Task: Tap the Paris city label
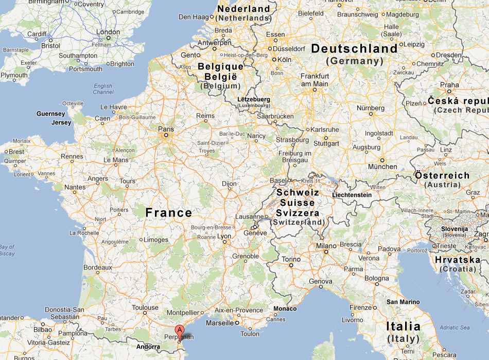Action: (166, 129)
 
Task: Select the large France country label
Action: (168, 212)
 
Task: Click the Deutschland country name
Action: (354, 49)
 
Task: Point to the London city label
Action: (108, 32)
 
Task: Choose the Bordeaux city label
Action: (98, 267)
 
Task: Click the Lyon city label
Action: (224, 236)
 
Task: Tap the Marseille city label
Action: (220, 323)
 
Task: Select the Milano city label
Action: (326, 246)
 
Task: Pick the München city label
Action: (383, 167)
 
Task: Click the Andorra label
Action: (148, 347)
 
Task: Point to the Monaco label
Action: (285, 309)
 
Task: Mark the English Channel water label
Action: (103, 89)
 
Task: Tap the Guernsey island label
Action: (51, 114)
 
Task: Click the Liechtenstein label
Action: (352, 195)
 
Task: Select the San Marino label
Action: (403, 302)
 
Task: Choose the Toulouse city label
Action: (145, 308)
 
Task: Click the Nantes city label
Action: (75, 187)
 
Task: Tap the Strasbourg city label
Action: (292, 139)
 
